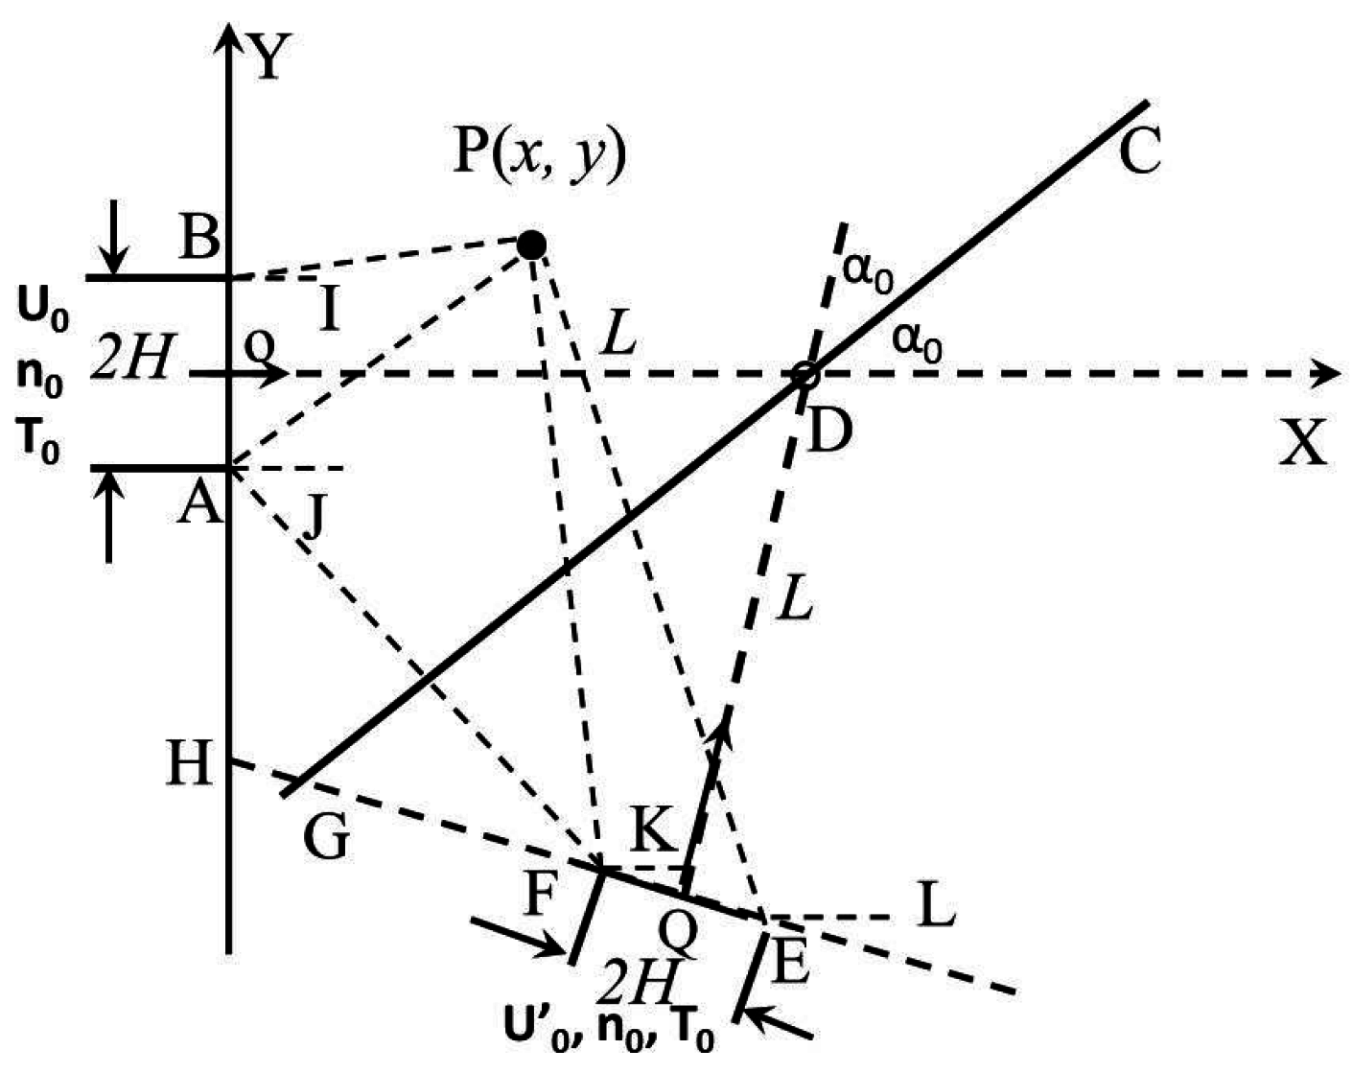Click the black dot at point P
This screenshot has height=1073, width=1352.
pos(530,246)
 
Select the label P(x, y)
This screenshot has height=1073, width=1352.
pos(539,152)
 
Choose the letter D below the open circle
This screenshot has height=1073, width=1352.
pos(829,432)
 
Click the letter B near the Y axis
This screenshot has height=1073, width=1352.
pos(198,237)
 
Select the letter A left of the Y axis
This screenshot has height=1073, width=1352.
pos(199,502)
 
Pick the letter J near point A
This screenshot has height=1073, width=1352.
pos(315,517)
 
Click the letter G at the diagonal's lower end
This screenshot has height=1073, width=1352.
pos(326,837)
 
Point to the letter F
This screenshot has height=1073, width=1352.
pos(540,898)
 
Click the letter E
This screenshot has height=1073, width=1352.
pos(791,964)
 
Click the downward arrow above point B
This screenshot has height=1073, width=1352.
pos(114,235)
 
